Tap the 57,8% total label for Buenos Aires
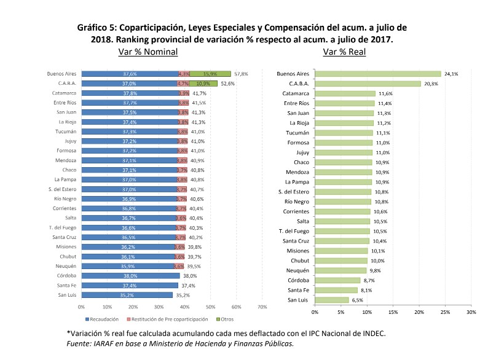pyautogui.click(x=241, y=74)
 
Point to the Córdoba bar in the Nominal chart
pyautogui.click(x=129, y=276)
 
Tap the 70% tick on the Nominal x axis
pyautogui.click(x=261, y=306)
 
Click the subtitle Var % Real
pyautogui.click(x=344, y=52)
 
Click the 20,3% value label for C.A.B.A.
pyautogui.click(x=430, y=84)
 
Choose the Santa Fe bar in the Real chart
pyautogui.click(x=336, y=290)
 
